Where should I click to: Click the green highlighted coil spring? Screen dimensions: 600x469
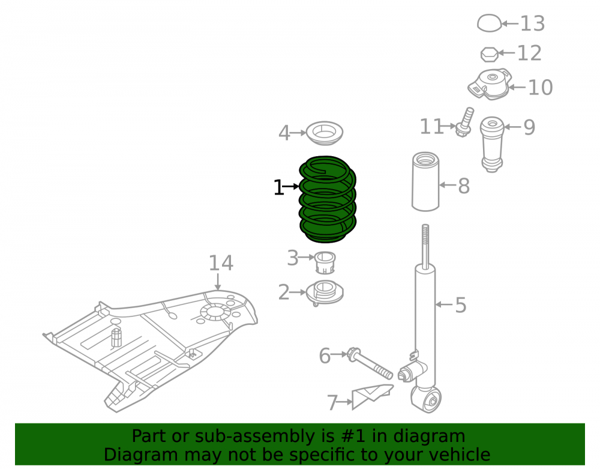(x=327, y=199)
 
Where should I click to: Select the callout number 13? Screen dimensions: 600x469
(x=532, y=24)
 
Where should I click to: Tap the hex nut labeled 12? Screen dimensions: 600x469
(x=490, y=55)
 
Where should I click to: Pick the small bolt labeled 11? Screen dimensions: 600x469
(x=464, y=123)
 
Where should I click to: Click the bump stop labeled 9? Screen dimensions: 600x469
(x=492, y=144)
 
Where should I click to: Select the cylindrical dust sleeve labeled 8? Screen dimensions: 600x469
(x=425, y=181)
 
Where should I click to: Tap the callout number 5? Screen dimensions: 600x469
(x=461, y=305)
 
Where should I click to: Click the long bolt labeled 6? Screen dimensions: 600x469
(x=370, y=364)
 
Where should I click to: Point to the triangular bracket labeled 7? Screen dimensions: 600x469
(x=372, y=396)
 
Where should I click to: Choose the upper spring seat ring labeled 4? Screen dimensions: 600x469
(x=325, y=133)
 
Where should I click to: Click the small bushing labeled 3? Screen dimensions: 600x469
(x=325, y=262)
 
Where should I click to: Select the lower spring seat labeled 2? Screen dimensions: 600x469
(x=325, y=293)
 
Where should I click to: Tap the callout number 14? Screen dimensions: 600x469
(x=221, y=264)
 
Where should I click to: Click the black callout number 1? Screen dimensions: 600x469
(x=278, y=187)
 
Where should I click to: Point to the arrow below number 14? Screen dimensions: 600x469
(x=218, y=282)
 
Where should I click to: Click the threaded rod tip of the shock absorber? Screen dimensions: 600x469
(x=425, y=226)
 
